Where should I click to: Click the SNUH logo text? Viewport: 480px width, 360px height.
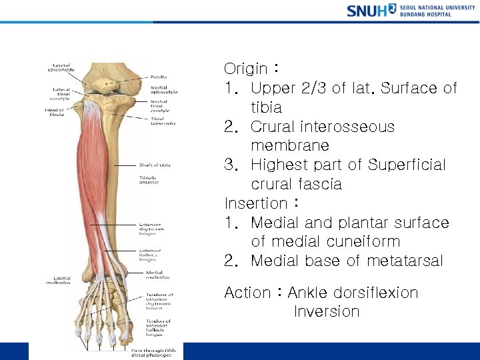click(x=367, y=10)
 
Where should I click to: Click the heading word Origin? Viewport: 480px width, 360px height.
click(x=245, y=69)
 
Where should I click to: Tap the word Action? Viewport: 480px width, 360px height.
click(x=247, y=293)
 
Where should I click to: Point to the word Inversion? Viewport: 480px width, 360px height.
click(x=327, y=312)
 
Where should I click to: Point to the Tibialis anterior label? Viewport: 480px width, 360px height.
click(x=149, y=181)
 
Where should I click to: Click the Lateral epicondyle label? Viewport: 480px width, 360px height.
click(x=61, y=68)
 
